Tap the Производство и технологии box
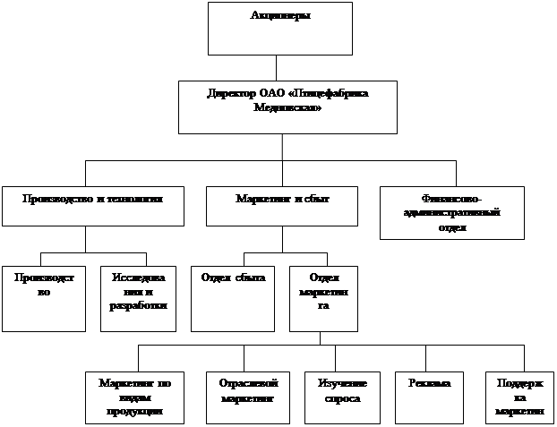click(x=93, y=204)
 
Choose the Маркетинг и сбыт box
click(x=281, y=204)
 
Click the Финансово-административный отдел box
click(x=451, y=212)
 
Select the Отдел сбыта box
click(x=233, y=298)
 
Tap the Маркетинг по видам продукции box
click(x=134, y=396)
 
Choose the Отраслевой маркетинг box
click(x=245, y=396)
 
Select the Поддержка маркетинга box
click(x=518, y=396)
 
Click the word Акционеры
click(x=278, y=14)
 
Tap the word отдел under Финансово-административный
click(x=452, y=227)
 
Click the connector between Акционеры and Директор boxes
click(x=277, y=68)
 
